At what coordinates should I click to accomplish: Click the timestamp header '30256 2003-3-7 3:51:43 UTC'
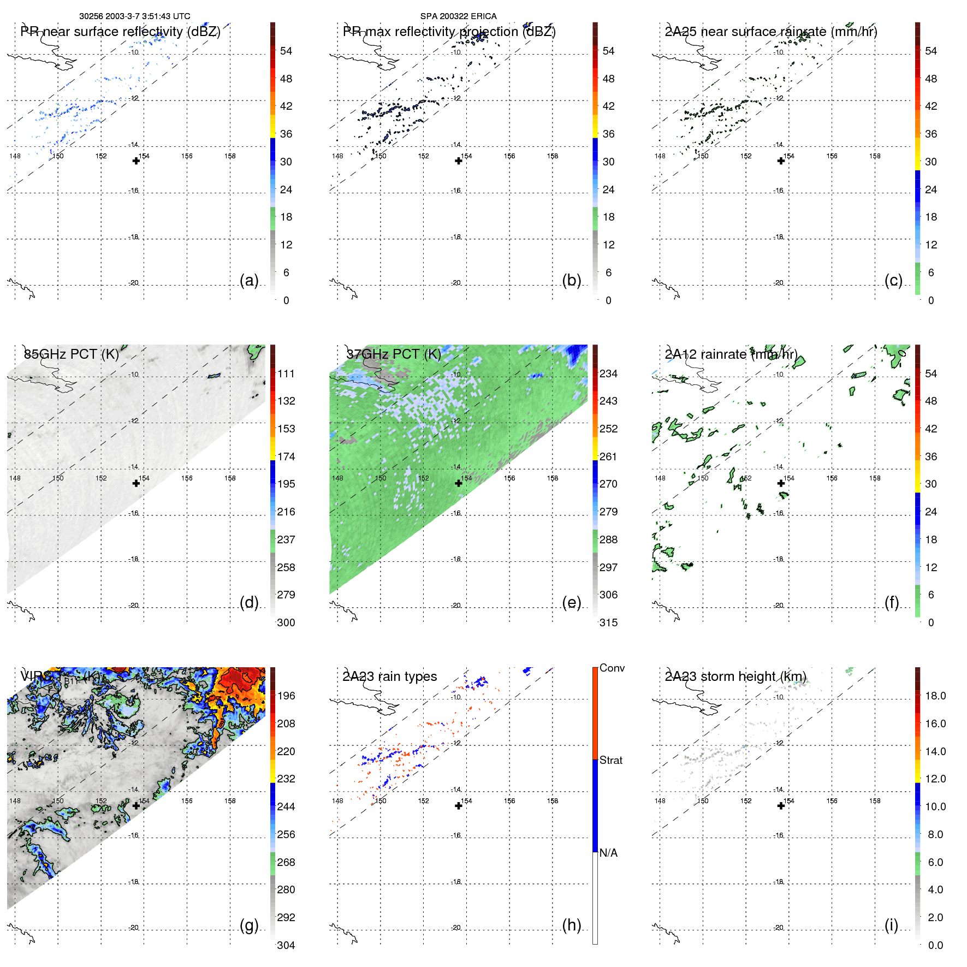[x=134, y=16]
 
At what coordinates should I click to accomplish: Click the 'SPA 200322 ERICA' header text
[x=458, y=16]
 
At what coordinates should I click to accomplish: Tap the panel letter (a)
[x=249, y=280]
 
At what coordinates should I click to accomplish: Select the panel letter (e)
[x=571, y=603]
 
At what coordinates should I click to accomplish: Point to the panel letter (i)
[x=891, y=925]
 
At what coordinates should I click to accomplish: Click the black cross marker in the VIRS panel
[x=136, y=805]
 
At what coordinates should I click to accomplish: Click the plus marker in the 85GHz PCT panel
[x=136, y=483]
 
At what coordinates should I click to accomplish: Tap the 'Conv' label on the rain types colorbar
[x=612, y=668]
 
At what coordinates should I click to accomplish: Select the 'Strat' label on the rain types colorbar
[x=610, y=760]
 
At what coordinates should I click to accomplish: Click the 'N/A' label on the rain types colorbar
[x=608, y=853]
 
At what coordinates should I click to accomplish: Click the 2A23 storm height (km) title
[x=735, y=677]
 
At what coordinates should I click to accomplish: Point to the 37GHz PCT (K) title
[x=393, y=354]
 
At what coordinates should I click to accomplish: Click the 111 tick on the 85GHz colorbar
[x=286, y=373]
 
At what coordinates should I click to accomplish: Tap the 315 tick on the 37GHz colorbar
[x=608, y=622]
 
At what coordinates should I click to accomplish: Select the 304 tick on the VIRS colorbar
[x=286, y=945]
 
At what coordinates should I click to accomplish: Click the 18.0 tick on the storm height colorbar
[x=935, y=696]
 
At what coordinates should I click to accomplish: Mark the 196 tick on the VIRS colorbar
[x=286, y=696]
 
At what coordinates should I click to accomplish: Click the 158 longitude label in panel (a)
[x=230, y=156]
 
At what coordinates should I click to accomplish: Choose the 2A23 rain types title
[x=389, y=677]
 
